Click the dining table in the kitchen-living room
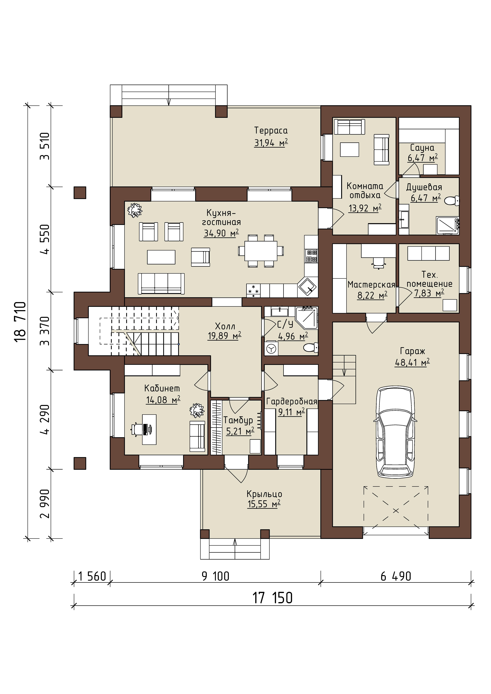(261, 251)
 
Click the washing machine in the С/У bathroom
(271, 349)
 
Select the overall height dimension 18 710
(21, 321)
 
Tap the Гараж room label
(412, 351)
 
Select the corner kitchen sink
(308, 287)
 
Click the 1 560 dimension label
(92, 576)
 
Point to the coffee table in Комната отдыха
(349, 150)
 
